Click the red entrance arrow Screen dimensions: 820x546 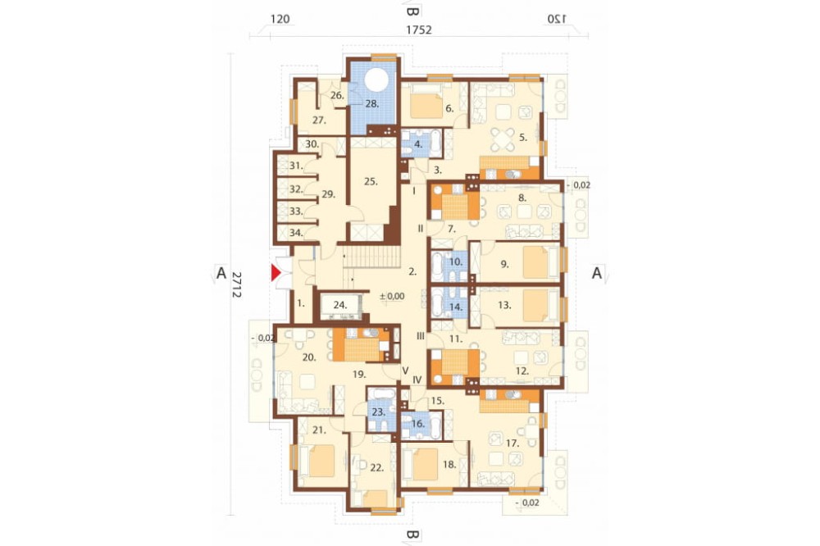point(276,273)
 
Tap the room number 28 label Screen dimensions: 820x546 point(371,103)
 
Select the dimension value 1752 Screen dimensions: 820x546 point(419,30)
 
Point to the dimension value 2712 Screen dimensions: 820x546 point(236,284)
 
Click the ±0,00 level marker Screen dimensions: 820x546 point(392,296)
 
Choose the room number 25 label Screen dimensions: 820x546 point(371,182)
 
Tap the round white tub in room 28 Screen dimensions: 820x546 point(376,81)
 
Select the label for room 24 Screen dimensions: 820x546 point(340,304)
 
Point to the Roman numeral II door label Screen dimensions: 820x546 point(420,229)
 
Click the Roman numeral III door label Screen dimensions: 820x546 point(420,336)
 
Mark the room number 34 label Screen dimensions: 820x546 point(296,233)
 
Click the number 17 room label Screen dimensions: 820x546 point(512,443)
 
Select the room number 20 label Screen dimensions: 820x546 point(309,357)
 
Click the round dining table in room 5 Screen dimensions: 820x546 point(503,139)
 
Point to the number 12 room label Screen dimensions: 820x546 point(522,371)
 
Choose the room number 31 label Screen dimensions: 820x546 point(296,166)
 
